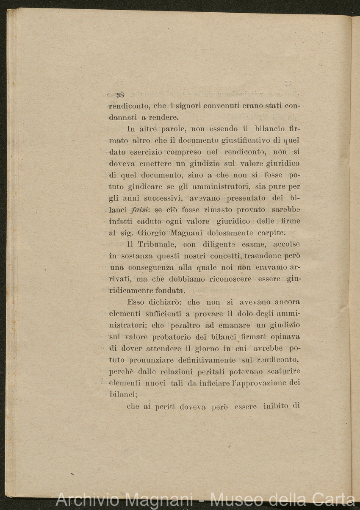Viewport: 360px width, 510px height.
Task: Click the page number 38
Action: (x=119, y=95)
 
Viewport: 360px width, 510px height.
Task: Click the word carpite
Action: (x=271, y=233)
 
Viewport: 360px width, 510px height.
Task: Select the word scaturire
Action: (x=282, y=372)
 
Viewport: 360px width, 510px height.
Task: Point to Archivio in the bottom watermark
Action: (x=86, y=500)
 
